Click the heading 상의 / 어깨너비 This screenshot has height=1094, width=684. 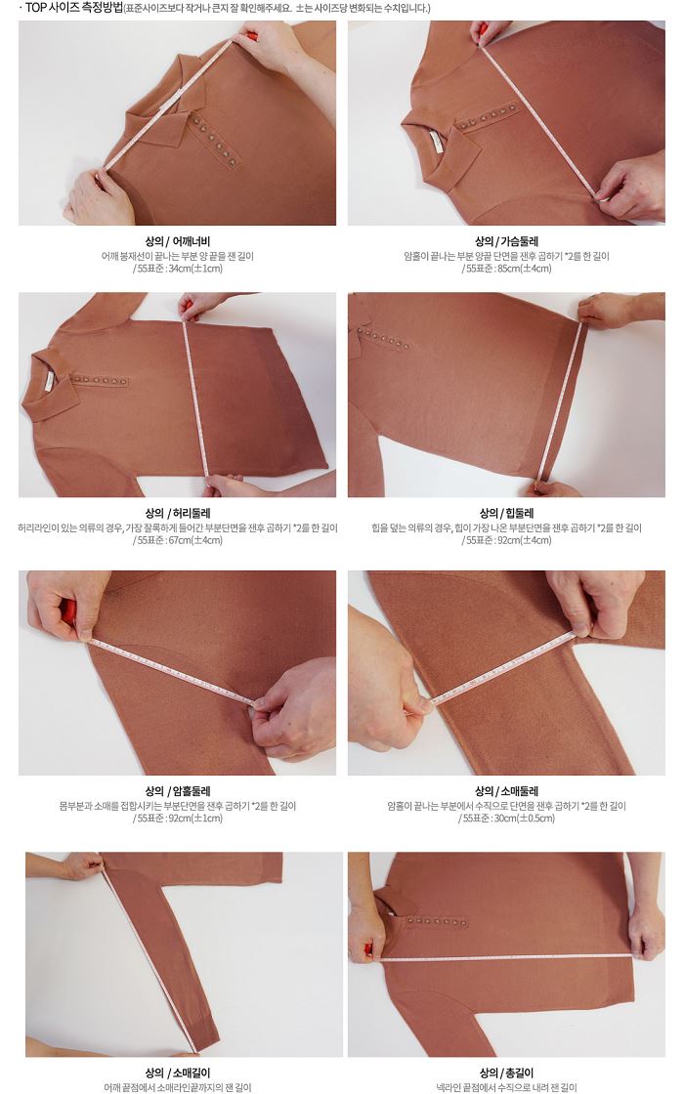[177, 241]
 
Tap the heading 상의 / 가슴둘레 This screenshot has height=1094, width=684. [507, 241]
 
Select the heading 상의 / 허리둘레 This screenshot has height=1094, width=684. [177, 514]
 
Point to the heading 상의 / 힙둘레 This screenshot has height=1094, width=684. [507, 514]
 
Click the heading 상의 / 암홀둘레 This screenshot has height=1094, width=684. [177, 791]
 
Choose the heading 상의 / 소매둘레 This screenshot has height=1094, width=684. [507, 791]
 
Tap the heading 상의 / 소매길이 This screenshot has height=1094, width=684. [177, 1073]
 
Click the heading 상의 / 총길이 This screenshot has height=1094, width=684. [507, 1073]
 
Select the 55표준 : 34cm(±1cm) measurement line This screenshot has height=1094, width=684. [177, 269]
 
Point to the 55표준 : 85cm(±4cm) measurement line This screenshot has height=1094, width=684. [507, 269]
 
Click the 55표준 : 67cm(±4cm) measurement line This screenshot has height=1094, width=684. [177, 540]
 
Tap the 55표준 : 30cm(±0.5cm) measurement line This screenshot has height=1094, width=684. [507, 819]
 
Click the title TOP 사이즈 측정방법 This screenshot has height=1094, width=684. [73, 9]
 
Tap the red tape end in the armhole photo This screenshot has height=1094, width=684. [67, 611]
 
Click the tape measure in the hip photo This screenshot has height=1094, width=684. [563, 401]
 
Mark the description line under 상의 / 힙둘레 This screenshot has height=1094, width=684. [507, 528]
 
